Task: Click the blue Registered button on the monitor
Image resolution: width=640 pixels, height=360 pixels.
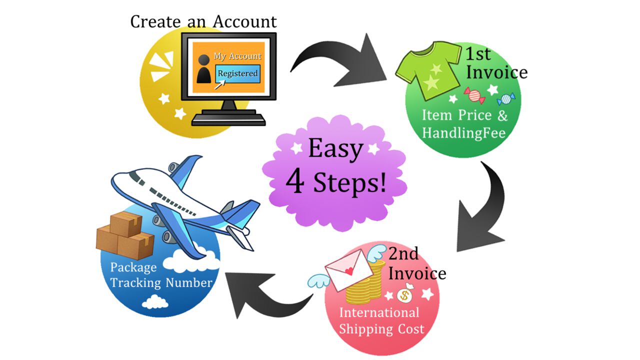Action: pos(237,74)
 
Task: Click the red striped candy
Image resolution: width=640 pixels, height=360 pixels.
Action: pos(474,95)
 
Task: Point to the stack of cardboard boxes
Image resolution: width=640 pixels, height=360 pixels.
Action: pos(124,235)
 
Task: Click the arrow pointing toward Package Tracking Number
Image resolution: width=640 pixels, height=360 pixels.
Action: pos(265,294)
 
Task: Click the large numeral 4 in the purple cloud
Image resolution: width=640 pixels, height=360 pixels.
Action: pos(295,183)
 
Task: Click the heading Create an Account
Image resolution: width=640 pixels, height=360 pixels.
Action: pos(203,21)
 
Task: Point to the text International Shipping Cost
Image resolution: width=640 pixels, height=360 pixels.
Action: pos(380,321)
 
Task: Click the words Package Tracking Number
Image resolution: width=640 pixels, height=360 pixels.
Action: pos(161,275)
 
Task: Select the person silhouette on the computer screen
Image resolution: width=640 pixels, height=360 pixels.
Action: pos(203,69)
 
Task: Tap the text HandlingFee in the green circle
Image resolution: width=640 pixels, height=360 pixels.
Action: pos(464,133)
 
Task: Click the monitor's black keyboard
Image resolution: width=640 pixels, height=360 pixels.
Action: pos(228,118)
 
